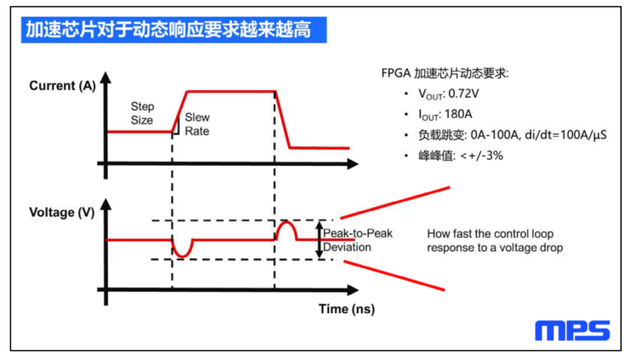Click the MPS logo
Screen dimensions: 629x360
coord(572,330)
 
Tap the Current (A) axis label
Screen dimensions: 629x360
coord(62,86)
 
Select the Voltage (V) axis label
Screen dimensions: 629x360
coord(62,212)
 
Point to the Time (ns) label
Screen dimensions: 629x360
coord(347,309)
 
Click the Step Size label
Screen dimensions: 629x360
coord(142,113)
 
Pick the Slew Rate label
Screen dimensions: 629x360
coord(197,124)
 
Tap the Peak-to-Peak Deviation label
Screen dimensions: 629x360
coord(358,240)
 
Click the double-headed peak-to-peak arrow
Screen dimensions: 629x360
coord(319,239)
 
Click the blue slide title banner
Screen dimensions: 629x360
coord(174,30)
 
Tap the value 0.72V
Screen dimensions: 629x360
coord(464,94)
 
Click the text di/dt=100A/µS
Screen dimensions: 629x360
coord(565,135)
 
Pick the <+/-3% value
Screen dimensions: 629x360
coord(482,156)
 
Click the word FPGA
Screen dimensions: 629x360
coord(396,73)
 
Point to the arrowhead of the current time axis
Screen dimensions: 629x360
coord(352,164)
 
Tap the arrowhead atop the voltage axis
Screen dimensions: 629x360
coord(105,204)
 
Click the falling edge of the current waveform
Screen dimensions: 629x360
coord(282,119)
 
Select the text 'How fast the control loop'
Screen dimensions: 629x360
coord(490,234)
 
